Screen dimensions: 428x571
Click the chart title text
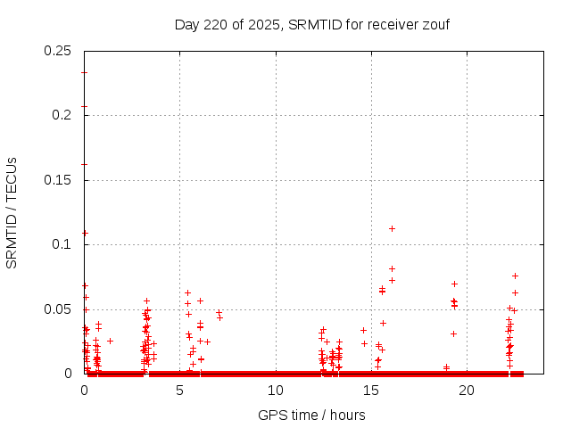coord(311,24)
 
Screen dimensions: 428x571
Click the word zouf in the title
coord(434,24)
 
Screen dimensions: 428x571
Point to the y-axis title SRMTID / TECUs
coord(12,212)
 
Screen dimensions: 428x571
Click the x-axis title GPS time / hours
coord(311,415)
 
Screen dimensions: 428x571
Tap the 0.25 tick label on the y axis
coord(58,50)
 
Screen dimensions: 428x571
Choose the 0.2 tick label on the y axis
coord(62,115)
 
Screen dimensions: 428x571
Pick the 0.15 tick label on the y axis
coord(58,180)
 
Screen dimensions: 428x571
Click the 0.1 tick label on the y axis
coord(62,244)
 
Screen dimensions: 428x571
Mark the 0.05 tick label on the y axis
coord(58,309)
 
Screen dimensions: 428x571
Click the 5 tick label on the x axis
coord(179,391)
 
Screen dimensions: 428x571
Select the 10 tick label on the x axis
coord(276,391)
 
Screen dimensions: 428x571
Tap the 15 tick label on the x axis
coord(371,391)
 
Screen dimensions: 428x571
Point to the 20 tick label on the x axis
coord(467,391)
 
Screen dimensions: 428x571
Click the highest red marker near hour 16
coord(392,228)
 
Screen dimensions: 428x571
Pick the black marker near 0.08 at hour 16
coord(392,268)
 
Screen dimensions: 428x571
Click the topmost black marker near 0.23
coord(84,72)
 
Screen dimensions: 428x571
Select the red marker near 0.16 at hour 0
coord(84,164)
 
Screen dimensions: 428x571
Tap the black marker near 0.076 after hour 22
coord(515,276)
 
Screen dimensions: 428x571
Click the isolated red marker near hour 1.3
coord(110,341)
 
